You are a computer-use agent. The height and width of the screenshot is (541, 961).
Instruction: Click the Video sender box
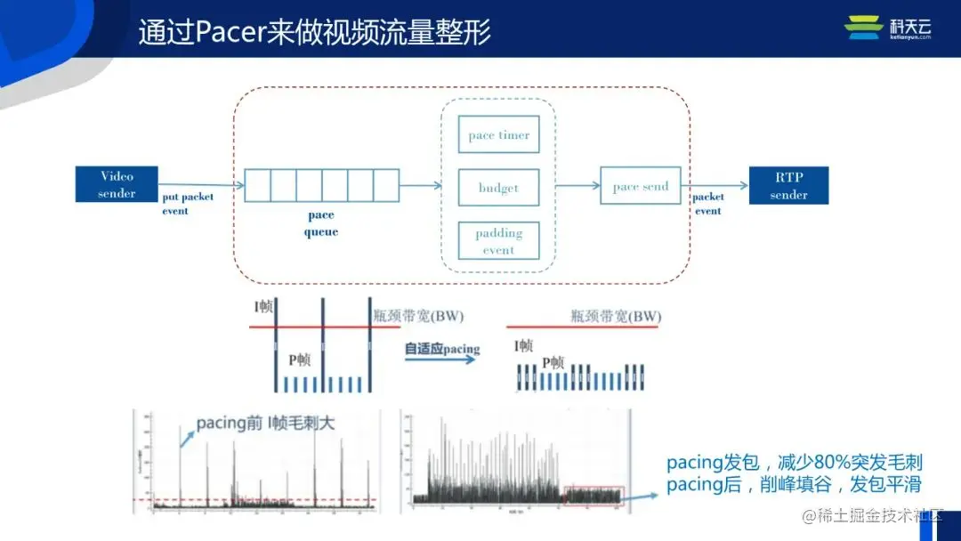tap(117, 184)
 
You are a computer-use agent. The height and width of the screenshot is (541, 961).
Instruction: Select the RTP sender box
tap(788, 185)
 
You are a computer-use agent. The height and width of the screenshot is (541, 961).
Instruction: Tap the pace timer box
tap(498, 135)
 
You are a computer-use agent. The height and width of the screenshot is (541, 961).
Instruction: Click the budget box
tap(498, 188)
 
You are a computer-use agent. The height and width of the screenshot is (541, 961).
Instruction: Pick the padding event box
tap(498, 240)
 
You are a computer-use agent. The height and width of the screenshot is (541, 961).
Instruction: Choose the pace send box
tap(641, 186)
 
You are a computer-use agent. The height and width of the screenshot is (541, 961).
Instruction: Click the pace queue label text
tap(321, 223)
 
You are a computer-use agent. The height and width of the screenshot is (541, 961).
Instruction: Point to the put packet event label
tap(187, 204)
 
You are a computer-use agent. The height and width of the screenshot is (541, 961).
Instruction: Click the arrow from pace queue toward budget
tap(420, 185)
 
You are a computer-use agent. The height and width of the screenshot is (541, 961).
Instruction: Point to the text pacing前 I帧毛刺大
tap(262, 423)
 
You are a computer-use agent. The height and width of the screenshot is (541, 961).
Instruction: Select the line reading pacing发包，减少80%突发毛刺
tap(794, 464)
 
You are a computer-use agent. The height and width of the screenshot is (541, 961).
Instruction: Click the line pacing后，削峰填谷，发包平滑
tap(794, 485)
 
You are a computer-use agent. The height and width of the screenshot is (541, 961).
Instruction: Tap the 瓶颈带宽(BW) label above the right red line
tap(616, 317)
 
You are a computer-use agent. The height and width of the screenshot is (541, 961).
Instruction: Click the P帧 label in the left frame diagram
tap(300, 360)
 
